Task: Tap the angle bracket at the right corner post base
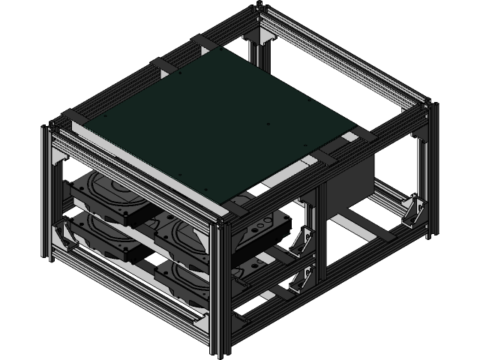(x=413, y=212)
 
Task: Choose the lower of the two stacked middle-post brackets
(x=301, y=275)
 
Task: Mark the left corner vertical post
(x=46, y=195)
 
